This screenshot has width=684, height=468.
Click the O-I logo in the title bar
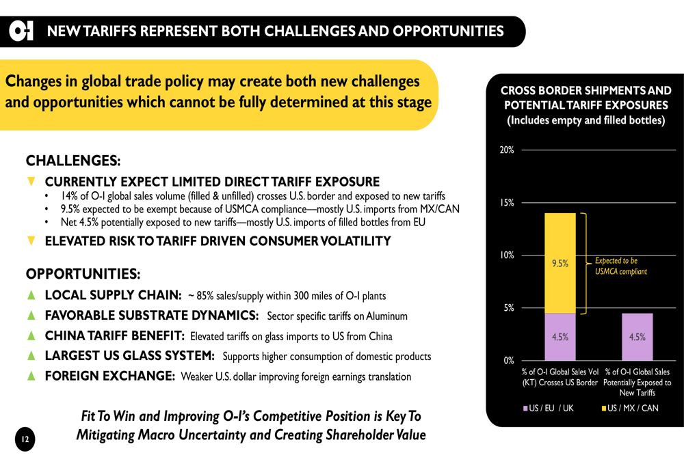click(21, 31)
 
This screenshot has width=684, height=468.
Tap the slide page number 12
click(25, 439)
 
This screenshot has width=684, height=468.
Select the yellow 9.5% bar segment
click(560, 263)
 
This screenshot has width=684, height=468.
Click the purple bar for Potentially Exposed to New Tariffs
click(637, 337)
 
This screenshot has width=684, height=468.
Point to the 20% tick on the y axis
click(507, 150)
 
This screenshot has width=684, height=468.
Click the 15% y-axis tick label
click(507, 203)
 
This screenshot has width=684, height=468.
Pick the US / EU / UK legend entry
click(548, 408)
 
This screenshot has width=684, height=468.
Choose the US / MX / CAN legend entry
click(629, 408)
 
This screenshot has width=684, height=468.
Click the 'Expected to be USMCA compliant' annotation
click(620, 266)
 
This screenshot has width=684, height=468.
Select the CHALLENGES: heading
click(73, 161)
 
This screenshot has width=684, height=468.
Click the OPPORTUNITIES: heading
click(83, 274)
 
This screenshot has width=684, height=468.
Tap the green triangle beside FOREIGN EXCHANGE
click(31, 376)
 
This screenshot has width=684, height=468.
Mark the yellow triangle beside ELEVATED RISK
click(31, 240)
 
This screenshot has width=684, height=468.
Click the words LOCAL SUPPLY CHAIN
click(113, 295)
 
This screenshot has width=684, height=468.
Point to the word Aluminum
click(386, 316)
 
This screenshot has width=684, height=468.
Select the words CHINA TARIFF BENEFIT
click(115, 335)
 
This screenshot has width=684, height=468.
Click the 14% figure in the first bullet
click(68, 196)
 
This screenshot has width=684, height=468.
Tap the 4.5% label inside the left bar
click(560, 337)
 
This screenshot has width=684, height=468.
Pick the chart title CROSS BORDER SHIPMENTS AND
click(586, 90)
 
